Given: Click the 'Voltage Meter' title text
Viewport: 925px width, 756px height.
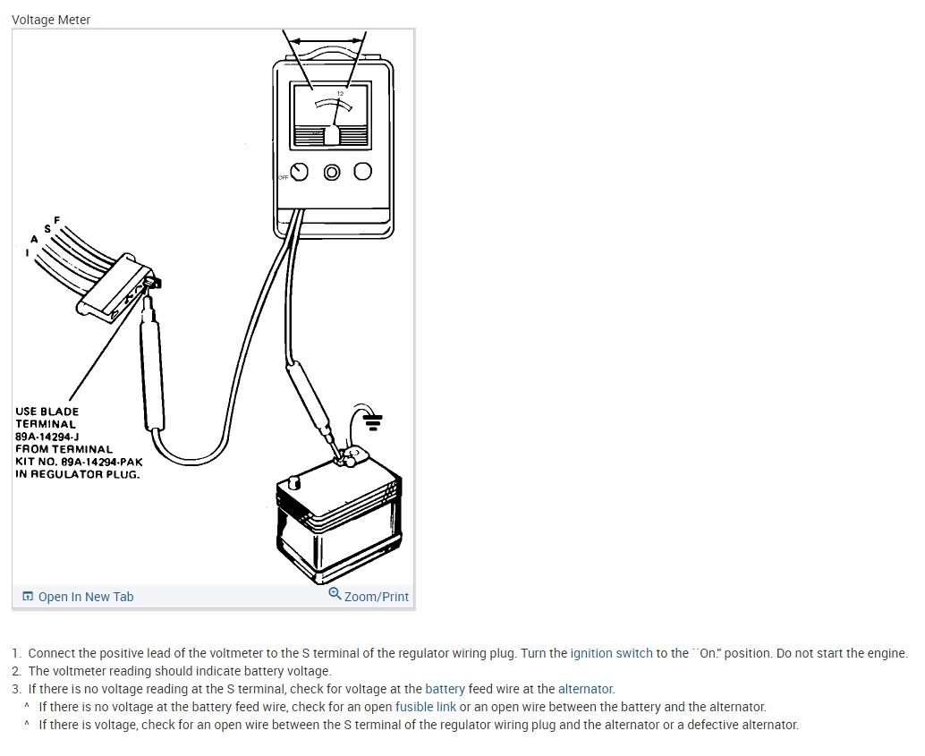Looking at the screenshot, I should tap(51, 20).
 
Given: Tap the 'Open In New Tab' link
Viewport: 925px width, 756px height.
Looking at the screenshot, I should tap(85, 597).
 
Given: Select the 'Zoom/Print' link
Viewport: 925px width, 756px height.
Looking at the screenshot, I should tap(376, 597).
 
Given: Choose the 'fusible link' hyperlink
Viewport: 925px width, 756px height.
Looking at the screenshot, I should tap(426, 707).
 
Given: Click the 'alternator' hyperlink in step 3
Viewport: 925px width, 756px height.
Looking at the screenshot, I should tap(585, 689).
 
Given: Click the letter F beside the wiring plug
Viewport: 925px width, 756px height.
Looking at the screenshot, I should tap(57, 220).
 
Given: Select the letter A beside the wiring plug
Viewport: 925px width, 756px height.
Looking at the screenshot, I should tap(34, 239).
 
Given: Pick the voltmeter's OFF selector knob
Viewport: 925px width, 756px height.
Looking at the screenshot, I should tap(300, 172).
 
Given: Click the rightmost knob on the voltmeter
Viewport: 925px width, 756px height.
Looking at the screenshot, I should tap(362, 172).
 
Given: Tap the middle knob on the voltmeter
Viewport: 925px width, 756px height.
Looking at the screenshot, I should tap(332, 172).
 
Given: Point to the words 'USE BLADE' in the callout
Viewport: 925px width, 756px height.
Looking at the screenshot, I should tap(47, 412).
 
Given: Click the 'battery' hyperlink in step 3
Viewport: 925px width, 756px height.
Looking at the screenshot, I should tap(445, 689).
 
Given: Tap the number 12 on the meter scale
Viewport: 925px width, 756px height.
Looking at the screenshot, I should tap(340, 94).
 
